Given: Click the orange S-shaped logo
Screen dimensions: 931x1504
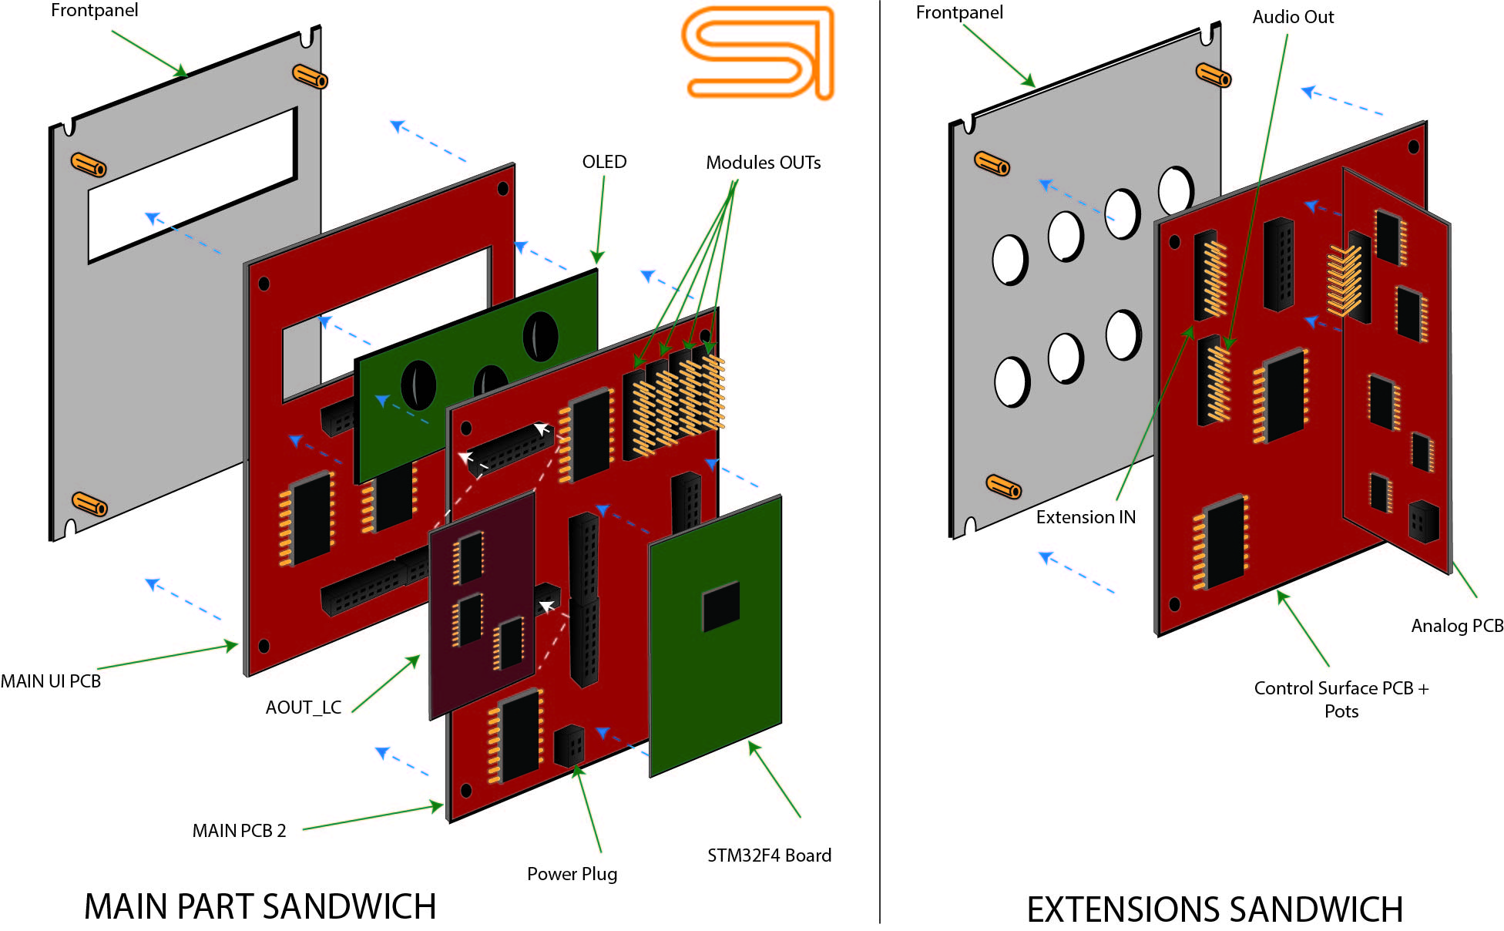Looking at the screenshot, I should pos(758,52).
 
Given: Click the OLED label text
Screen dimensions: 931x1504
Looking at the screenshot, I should pos(604,162).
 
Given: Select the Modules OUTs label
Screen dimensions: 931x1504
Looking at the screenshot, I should pos(763,163).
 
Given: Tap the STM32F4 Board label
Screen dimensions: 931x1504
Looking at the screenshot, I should pos(769,855).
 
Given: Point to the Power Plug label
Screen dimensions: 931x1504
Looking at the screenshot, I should pos(572,874).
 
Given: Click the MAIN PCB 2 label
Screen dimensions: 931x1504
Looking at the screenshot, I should pos(239,831).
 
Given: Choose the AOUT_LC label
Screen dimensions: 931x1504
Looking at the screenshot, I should pos(303,707).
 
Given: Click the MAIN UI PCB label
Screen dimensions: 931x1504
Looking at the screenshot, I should pos(51,681).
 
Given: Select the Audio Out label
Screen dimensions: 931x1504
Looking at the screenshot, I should pos(1292,17).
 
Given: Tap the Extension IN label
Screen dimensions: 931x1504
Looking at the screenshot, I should pos(1085,517).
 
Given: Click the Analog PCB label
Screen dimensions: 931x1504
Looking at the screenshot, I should pos(1456,626).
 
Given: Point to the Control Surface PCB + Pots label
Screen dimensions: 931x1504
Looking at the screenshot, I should pos(1341,699).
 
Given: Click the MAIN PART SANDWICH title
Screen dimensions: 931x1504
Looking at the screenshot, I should pos(260,906).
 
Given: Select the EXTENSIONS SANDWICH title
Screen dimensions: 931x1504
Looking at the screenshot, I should pos(1214,909).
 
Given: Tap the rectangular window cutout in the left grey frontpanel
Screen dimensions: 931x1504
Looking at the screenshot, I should pos(193,185).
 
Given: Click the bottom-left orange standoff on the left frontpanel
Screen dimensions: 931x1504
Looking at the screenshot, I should pos(89,504).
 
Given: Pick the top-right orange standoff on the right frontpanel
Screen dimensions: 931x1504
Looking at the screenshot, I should pos(1213,75).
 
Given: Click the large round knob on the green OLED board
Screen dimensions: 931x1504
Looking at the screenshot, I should pos(540,337).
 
